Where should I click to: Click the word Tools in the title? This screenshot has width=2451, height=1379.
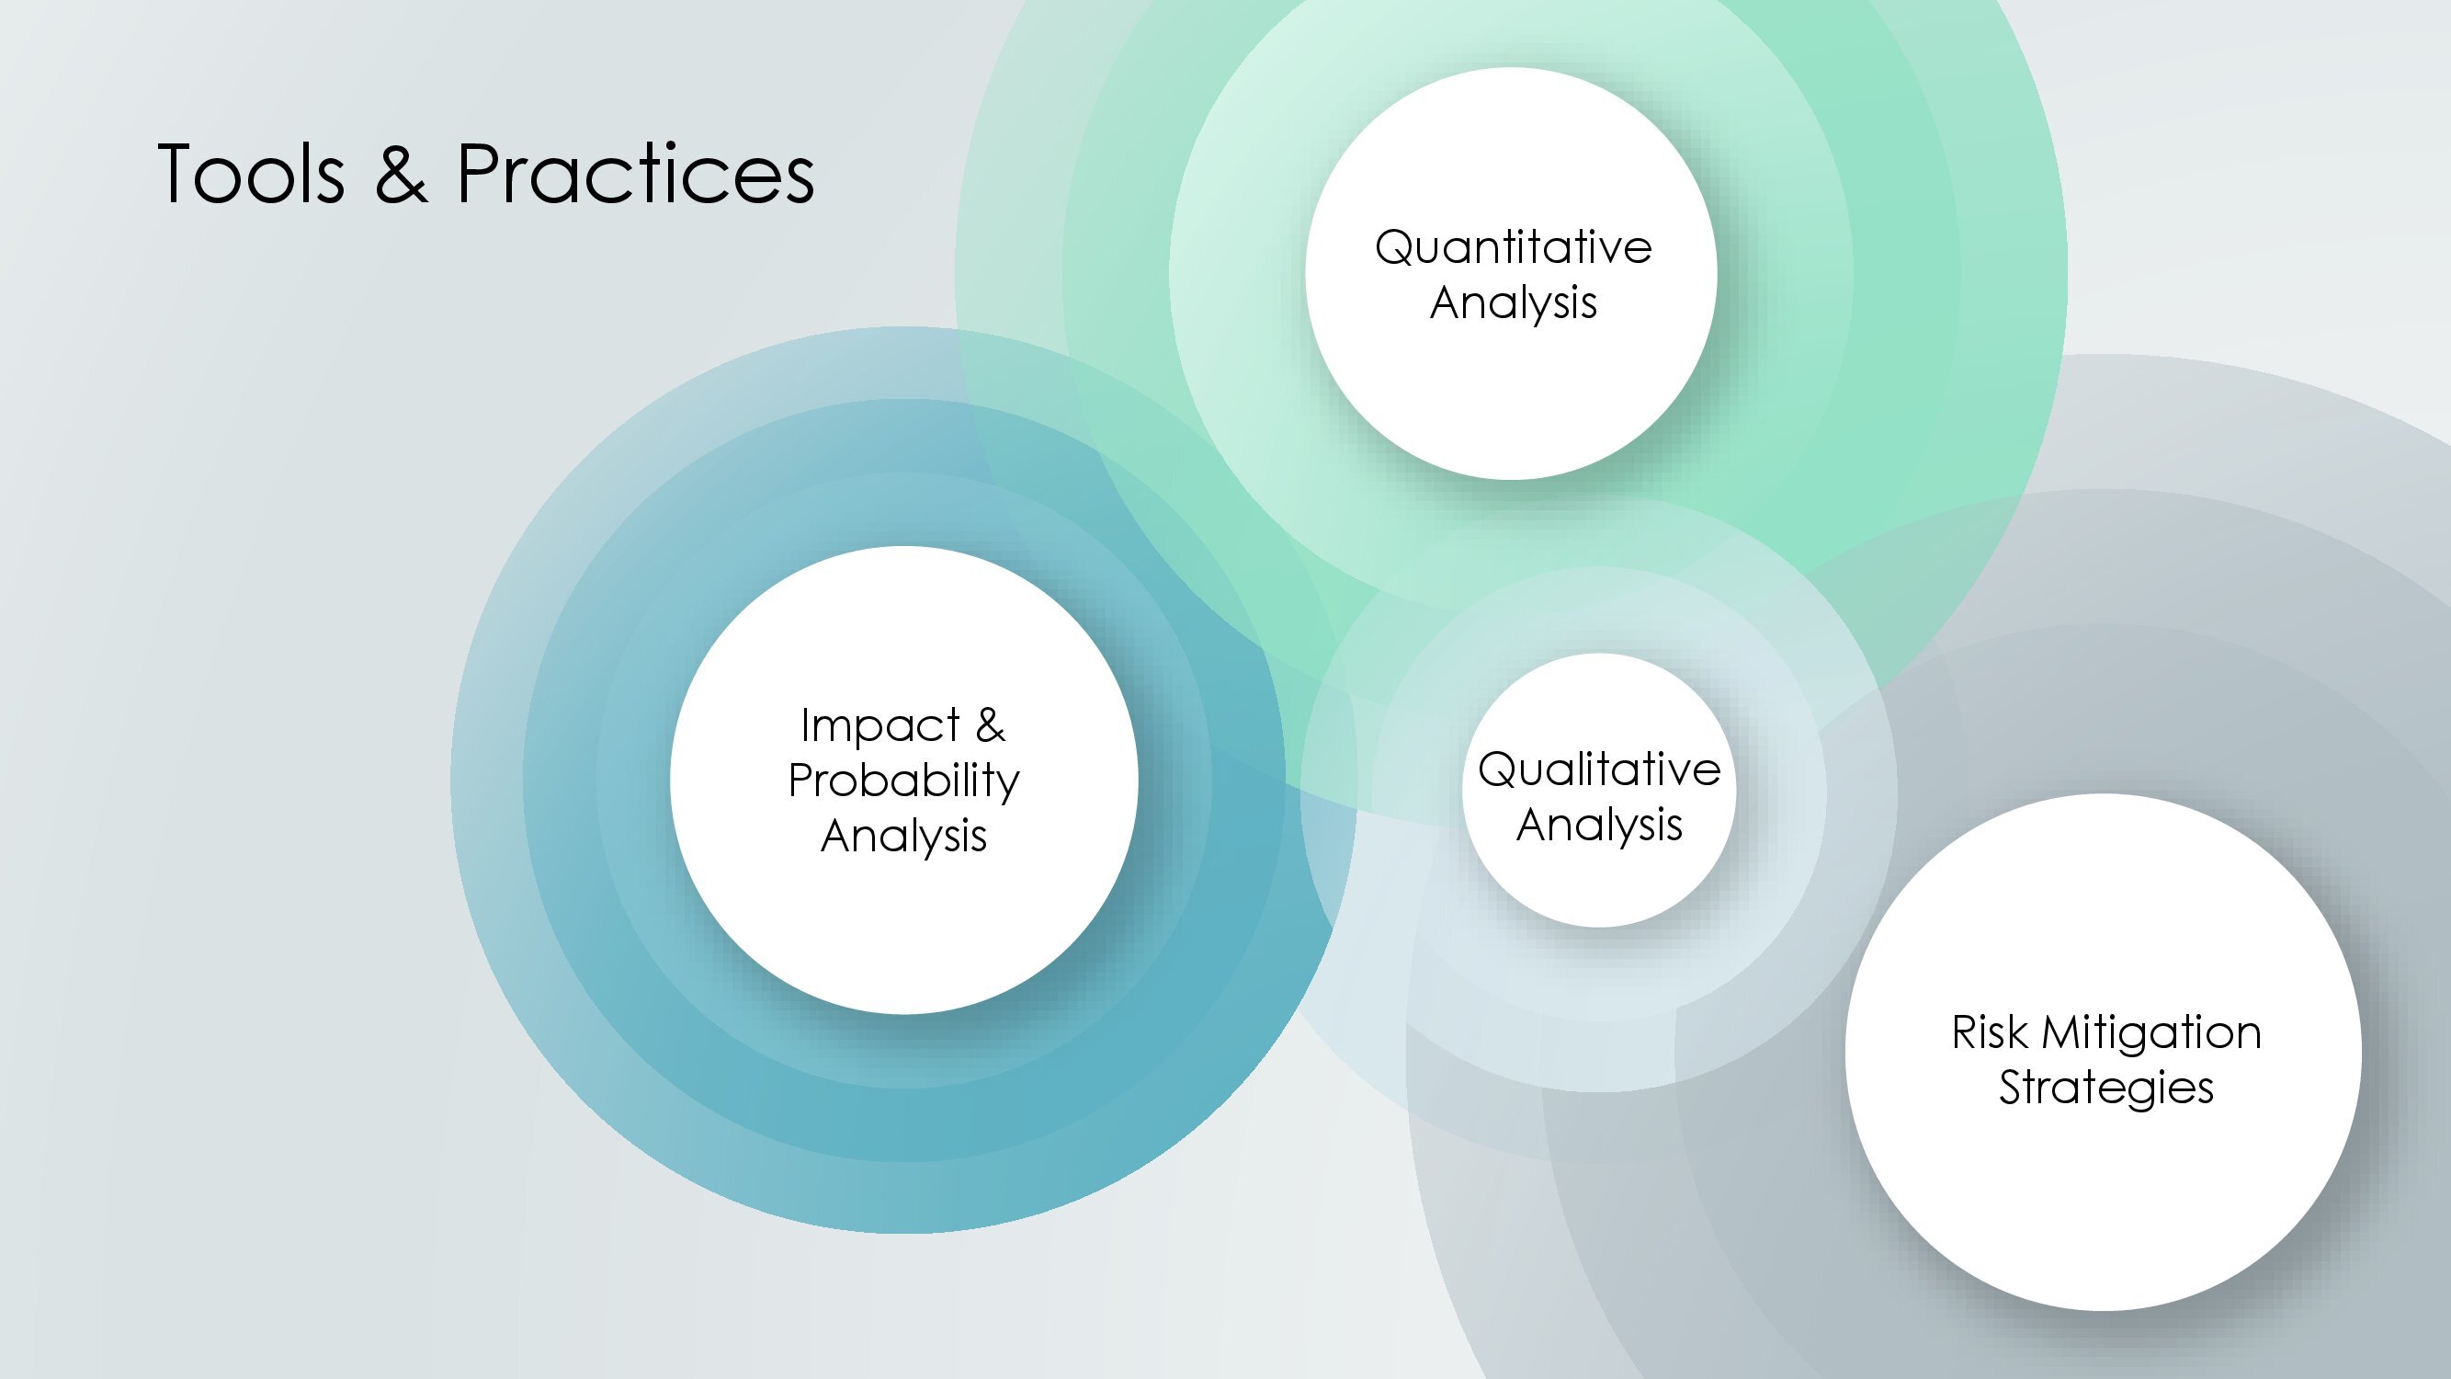[250, 173]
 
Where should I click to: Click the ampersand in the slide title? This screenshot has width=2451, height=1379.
[401, 173]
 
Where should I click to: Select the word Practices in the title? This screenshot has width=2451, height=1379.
[636, 173]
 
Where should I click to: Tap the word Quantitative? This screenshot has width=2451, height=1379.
[1513, 248]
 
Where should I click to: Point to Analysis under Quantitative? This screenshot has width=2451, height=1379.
[1513, 303]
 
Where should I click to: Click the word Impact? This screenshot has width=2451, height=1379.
[880, 726]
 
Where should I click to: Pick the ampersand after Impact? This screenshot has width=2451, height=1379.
[991, 725]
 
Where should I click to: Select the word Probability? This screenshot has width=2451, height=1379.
[904, 781]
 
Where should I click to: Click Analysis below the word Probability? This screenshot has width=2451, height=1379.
[904, 837]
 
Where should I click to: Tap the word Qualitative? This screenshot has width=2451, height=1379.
[1599, 769]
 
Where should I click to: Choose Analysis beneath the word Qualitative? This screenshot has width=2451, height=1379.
[1599, 826]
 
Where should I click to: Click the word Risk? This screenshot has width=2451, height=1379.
[1990, 1032]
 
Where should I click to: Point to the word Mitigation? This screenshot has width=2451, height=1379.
[2151, 1034]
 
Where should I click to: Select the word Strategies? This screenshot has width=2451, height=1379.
[2105, 1088]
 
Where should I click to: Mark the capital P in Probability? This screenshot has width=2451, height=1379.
[801, 781]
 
